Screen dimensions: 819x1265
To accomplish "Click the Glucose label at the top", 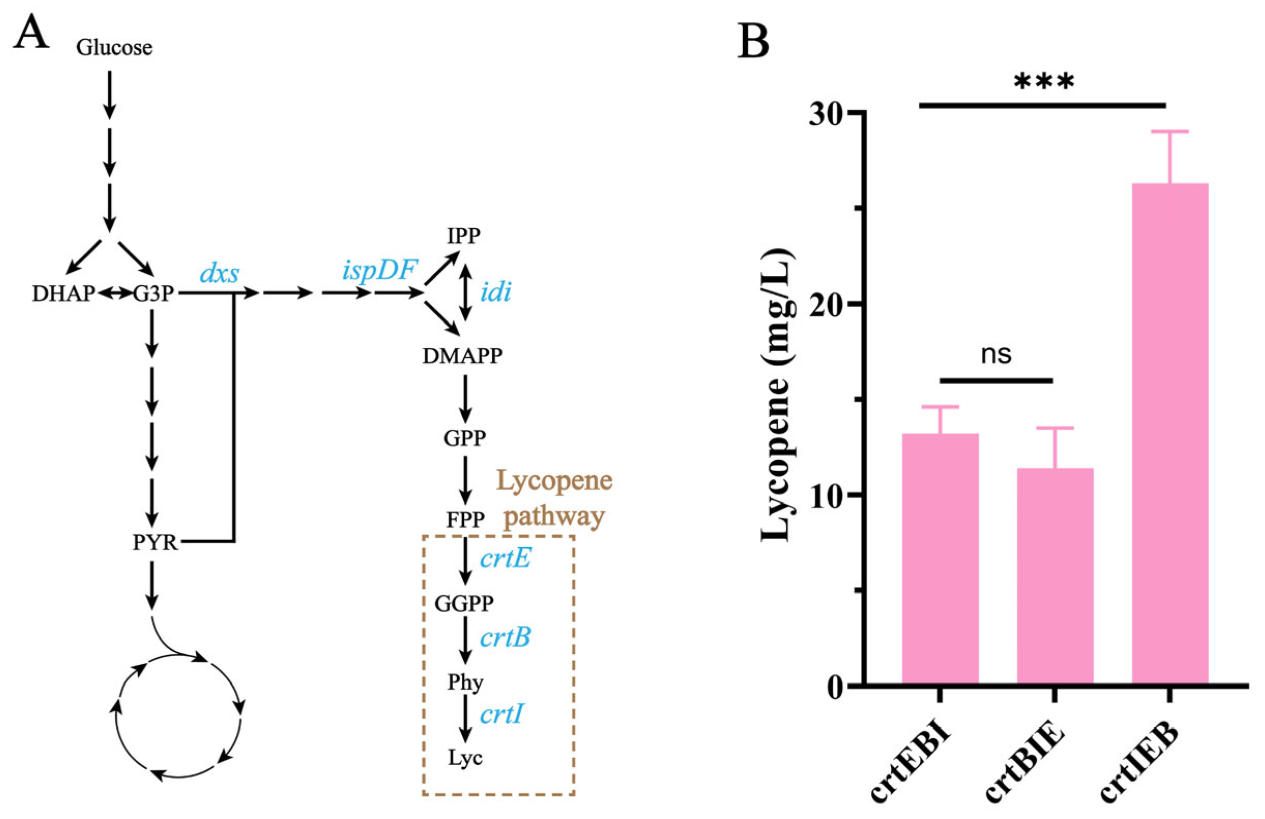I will (x=114, y=48).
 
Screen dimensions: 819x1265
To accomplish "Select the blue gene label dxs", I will (x=219, y=274).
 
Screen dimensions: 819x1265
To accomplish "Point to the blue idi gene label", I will (x=495, y=292).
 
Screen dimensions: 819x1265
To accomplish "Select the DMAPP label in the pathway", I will (x=462, y=356).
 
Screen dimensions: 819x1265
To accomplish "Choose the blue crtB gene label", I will (x=505, y=638).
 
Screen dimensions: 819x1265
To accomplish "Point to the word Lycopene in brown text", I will (x=554, y=481).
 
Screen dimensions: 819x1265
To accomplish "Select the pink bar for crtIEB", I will (x=1170, y=433).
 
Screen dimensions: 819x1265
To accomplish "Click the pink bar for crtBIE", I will (x=1055, y=577).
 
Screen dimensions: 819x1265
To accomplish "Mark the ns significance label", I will (x=995, y=355).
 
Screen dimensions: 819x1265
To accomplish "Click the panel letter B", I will (x=753, y=42).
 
